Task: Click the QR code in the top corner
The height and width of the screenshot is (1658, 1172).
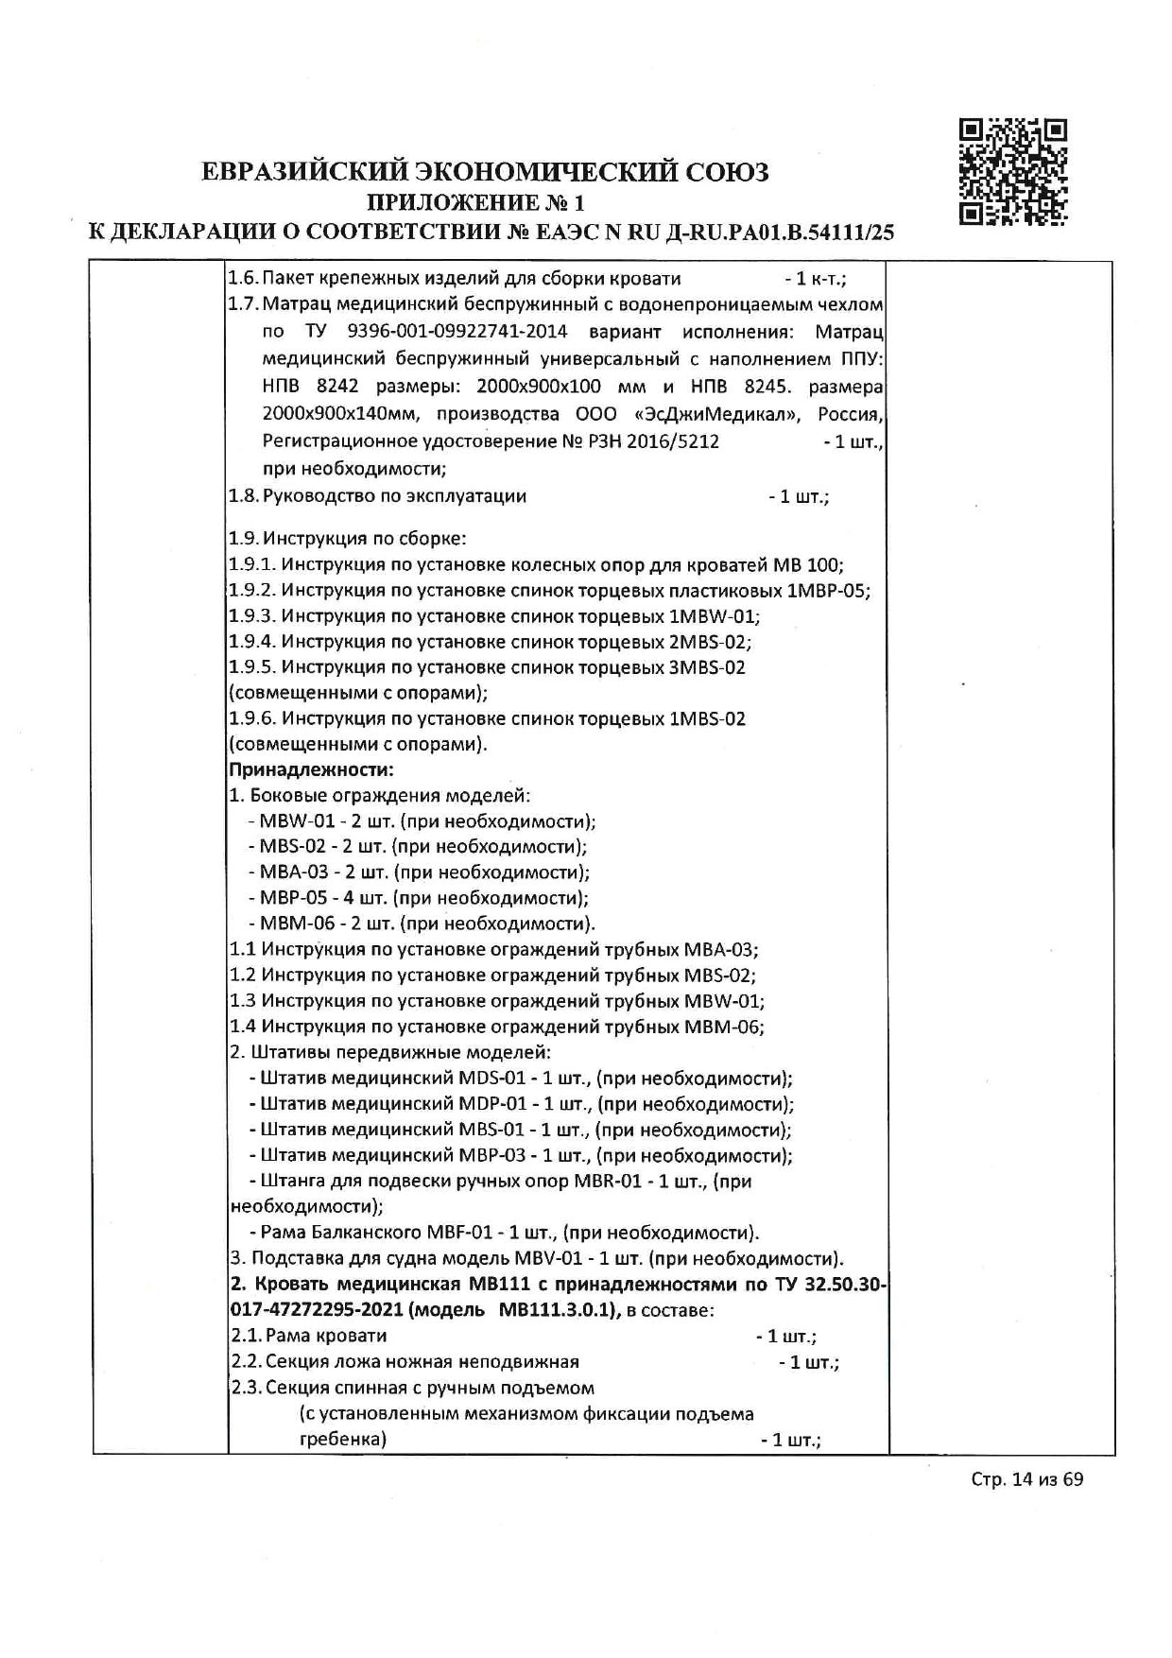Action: point(1012,171)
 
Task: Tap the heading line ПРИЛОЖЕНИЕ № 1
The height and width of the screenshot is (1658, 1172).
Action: point(475,202)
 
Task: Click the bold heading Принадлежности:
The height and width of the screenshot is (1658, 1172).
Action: point(312,769)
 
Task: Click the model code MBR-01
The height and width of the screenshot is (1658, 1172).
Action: point(608,1181)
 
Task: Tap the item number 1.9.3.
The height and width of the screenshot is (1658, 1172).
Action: point(251,616)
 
